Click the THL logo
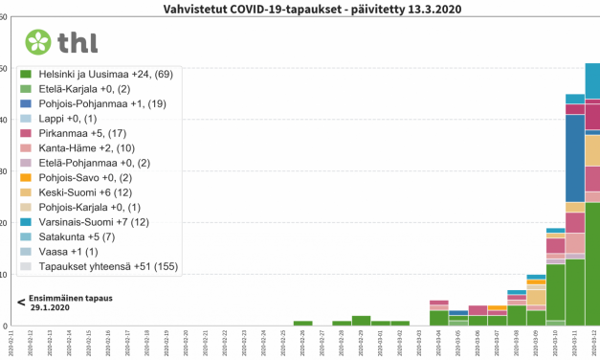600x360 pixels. pyautogui.click(x=63, y=42)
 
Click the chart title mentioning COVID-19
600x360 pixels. pyautogui.click(x=300, y=11)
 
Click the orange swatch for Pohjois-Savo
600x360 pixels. pyautogui.click(x=27, y=179)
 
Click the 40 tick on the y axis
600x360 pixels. pyautogui.click(x=5, y=121)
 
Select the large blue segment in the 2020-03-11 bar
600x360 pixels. pyautogui.click(x=574, y=158)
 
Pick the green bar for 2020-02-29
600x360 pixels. pyautogui.click(x=361, y=321)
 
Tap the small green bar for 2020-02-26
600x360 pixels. pyautogui.click(x=302, y=324)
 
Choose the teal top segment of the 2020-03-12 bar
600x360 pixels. pyautogui.click(x=592, y=81)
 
